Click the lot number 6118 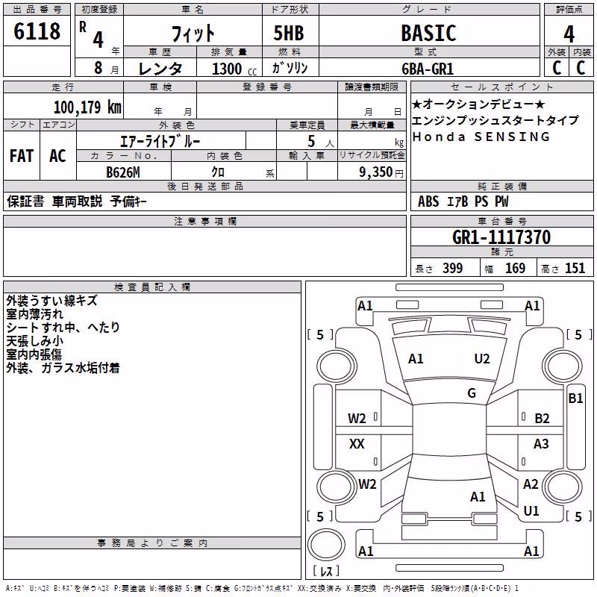37,31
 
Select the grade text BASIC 428,33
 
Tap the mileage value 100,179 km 87,107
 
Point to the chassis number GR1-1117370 501,237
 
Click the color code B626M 123,172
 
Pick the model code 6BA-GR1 428,69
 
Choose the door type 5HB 289,33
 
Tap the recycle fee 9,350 376,172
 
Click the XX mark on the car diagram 357,444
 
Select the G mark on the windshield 472,393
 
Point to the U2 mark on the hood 482,359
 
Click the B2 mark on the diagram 542,419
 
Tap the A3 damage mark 541,443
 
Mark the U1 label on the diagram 531,511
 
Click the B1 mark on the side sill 575,398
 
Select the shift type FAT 22,156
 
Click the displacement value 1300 227,69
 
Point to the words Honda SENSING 481,137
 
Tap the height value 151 575,268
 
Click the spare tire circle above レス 326,545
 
